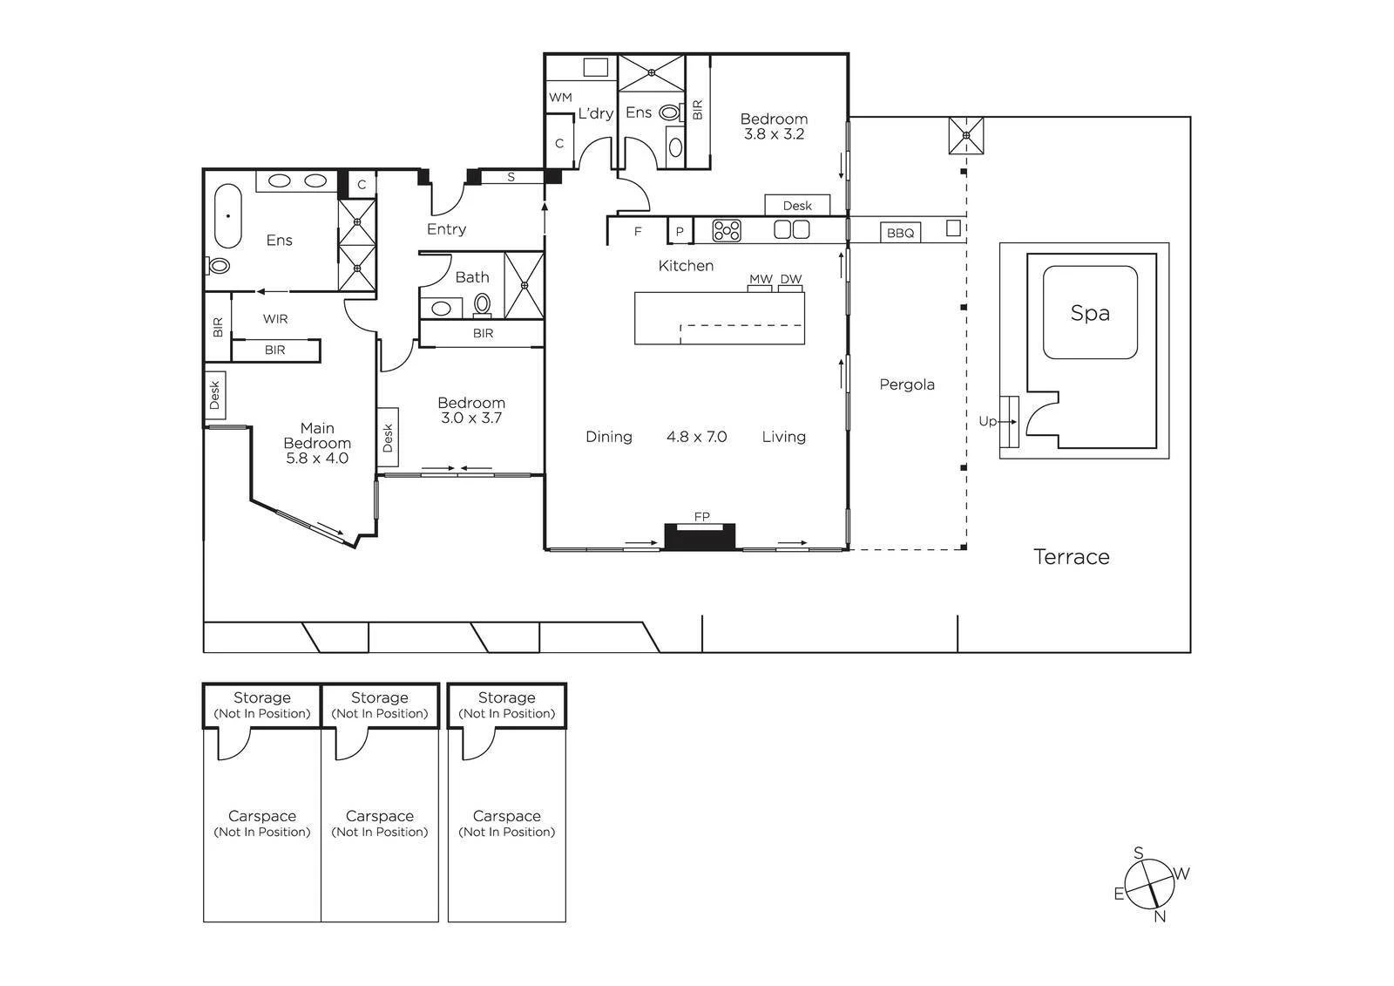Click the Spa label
click(1090, 313)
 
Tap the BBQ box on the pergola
click(901, 233)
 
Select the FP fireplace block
click(700, 536)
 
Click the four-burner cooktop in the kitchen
click(727, 230)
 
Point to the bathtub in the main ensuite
click(227, 216)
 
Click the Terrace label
click(1072, 557)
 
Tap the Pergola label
click(907, 384)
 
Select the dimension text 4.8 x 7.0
click(696, 437)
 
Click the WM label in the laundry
click(560, 98)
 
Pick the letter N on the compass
click(1160, 916)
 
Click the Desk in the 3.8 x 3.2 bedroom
click(797, 205)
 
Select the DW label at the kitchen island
click(790, 279)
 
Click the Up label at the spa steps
click(988, 421)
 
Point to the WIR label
click(275, 319)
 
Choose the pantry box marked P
click(680, 230)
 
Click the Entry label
click(446, 229)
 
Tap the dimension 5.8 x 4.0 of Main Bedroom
click(317, 459)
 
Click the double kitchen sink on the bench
click(792, 230)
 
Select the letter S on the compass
click(1138, 853)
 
